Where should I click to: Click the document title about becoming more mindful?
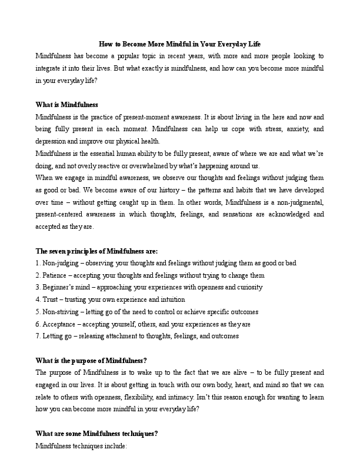coord(179,44)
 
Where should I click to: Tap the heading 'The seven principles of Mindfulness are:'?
coord(96,250)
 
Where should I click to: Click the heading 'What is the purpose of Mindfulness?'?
coord(91,361)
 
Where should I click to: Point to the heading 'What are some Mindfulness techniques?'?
coord(96,434)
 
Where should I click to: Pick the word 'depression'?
coord(53,141)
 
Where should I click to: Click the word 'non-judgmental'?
coord(298,202)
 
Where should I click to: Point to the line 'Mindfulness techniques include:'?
coord(81,447)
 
